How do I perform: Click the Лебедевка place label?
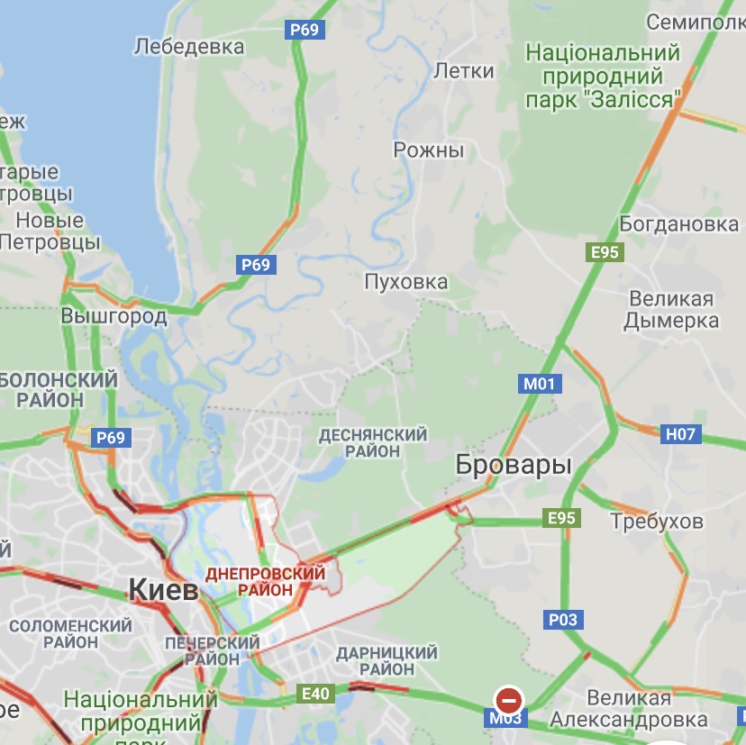[x=189, y=46]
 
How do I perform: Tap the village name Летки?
[x=464, y=71]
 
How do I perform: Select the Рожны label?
[x=429, y=150]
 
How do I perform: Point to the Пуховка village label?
[x=405, y=282]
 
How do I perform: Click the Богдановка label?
[x=678, y=223]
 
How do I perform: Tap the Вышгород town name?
[x=114, y=316]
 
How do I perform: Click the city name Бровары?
[x=514, y=466]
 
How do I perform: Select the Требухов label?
[x=657, y=522]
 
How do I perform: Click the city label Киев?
[x=163, y=591]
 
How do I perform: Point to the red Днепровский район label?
[x=265, y=581]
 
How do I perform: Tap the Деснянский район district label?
[x=372, y=442]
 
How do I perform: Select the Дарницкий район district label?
[x=386, y=660]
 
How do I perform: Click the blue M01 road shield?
[x=541, y=384]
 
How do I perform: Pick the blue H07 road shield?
[x=680, y=434]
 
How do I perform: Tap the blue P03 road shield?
[x=563, y=620]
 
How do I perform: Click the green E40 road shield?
[x=316, y=693]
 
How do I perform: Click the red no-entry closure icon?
[x=509, y=699]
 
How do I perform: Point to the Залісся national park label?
[x=603, y=76]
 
